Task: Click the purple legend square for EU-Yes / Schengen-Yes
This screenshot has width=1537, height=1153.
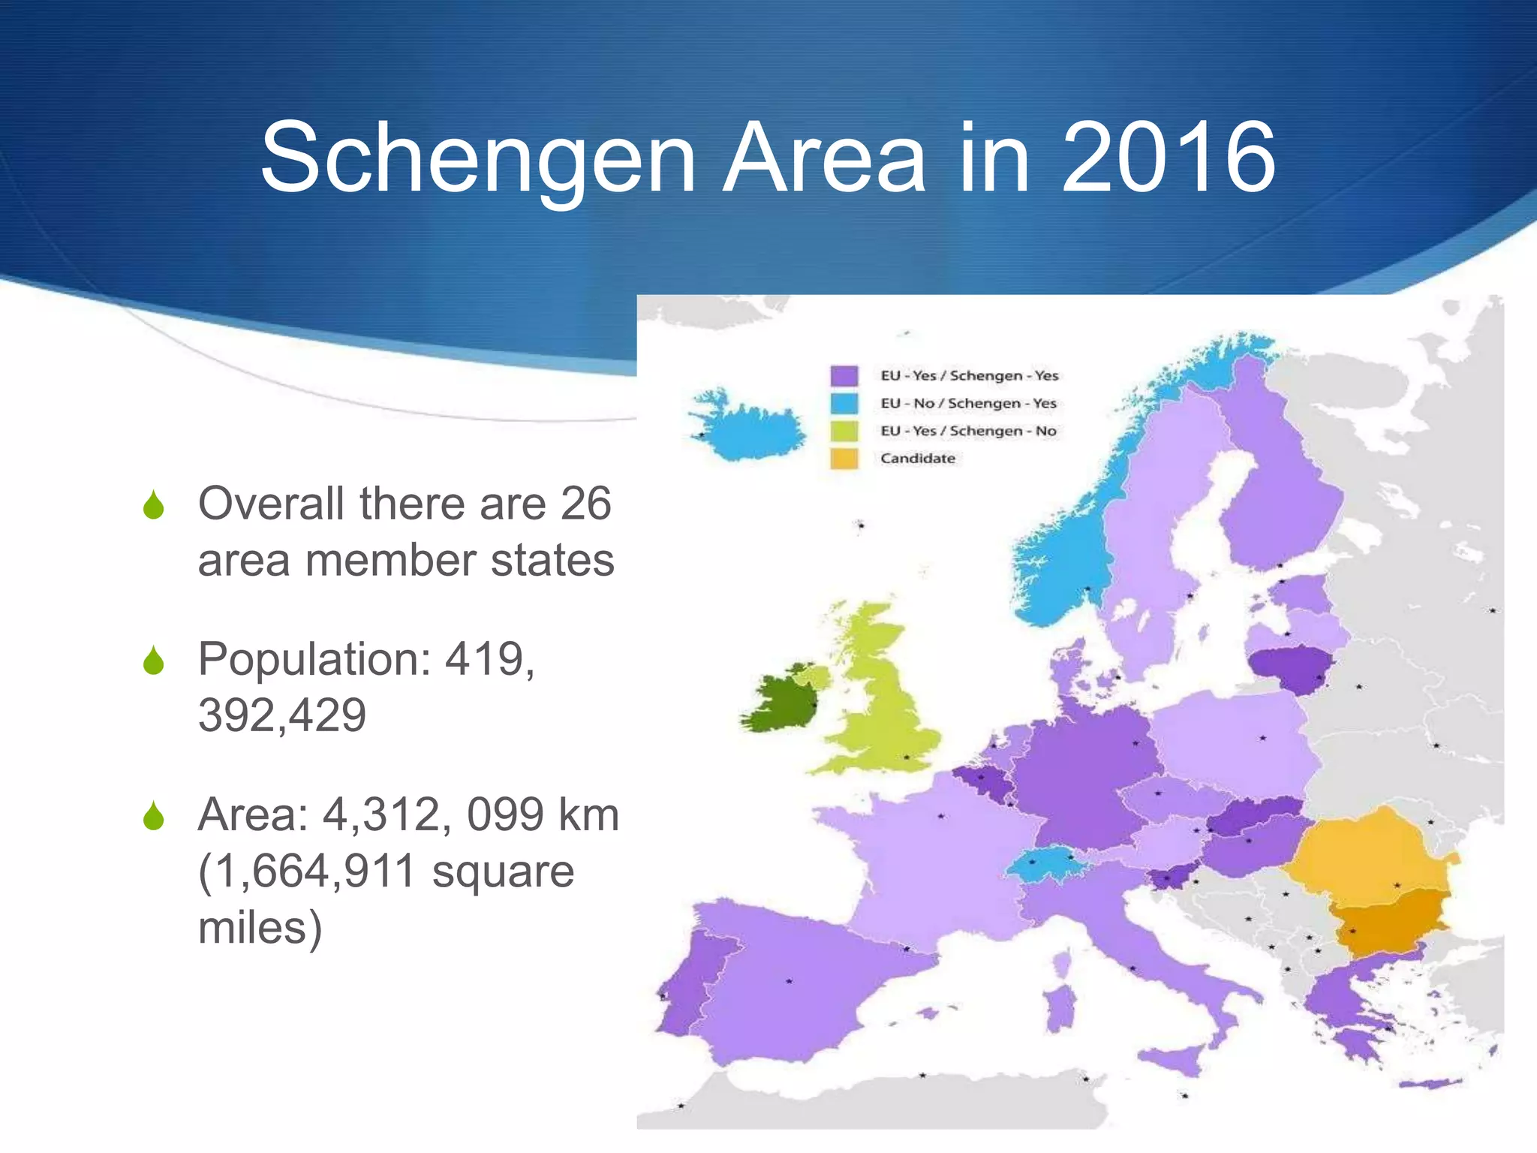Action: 844,375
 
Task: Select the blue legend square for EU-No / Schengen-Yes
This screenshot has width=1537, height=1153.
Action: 844,403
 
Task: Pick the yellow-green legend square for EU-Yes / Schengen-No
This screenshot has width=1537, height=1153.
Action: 844,431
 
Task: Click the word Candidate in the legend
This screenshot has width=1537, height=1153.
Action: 918,459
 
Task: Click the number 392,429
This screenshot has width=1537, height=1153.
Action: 282,715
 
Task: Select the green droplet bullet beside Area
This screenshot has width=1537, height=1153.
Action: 154,816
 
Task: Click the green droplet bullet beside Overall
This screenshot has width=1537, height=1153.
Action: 154,504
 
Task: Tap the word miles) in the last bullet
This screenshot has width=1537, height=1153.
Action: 260,928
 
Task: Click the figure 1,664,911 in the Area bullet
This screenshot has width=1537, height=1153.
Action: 307,871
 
